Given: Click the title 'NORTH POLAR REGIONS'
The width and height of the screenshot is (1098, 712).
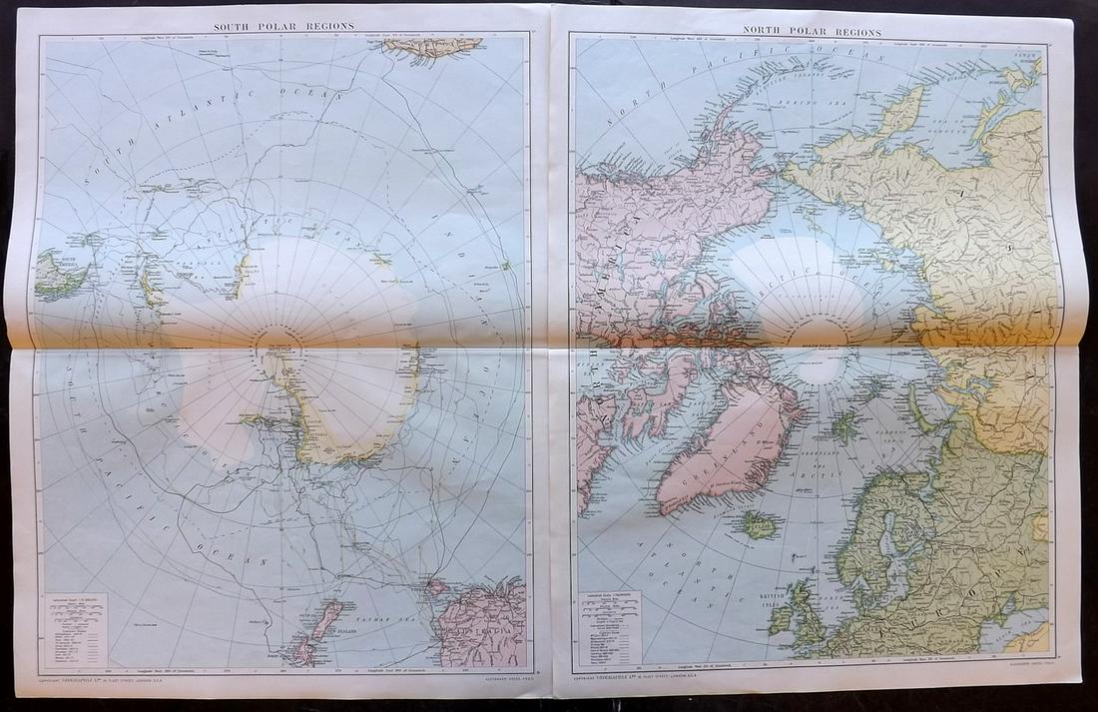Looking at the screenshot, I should coord(811,31).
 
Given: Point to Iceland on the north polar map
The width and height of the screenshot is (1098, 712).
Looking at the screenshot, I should coord(759,524).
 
